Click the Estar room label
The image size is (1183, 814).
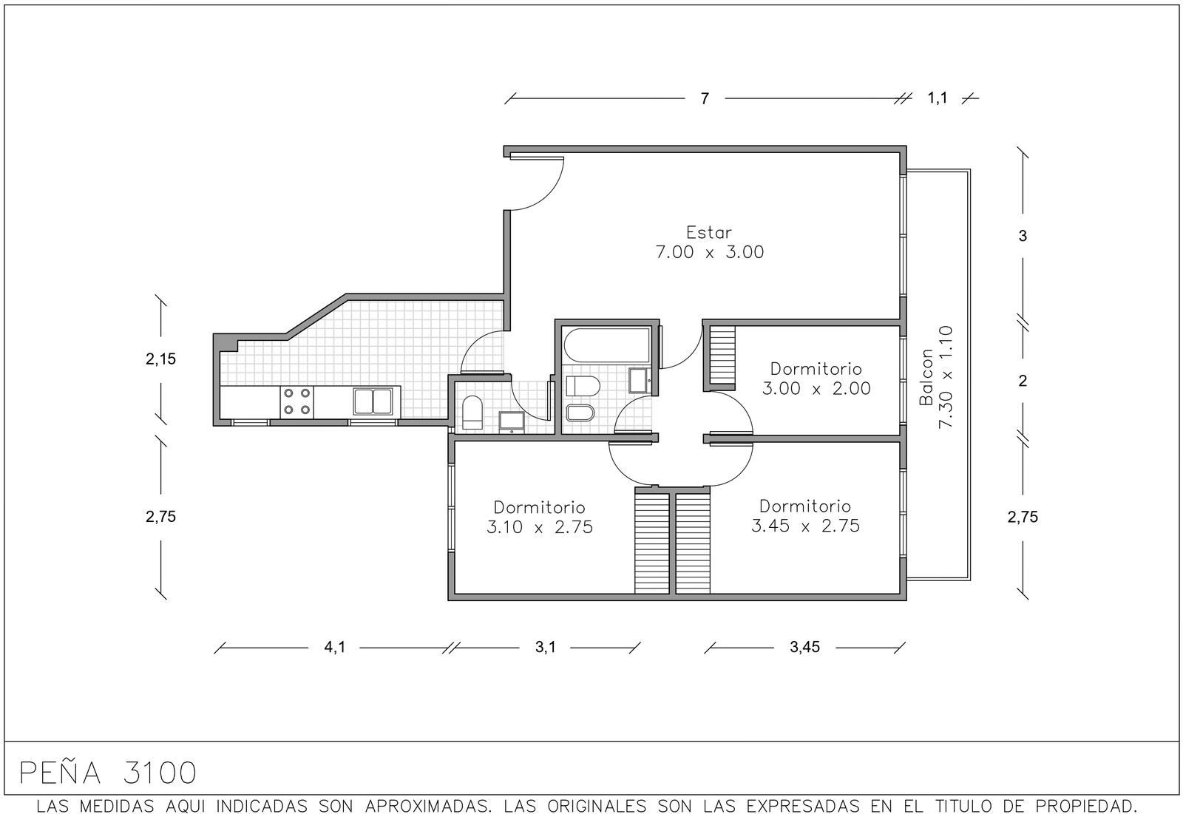pos(709,232)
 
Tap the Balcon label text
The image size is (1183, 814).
pos(926,377)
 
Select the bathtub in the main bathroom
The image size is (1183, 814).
pos(607,345)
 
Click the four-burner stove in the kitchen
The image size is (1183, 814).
pos(296,401)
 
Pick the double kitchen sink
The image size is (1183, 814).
pos(373,401)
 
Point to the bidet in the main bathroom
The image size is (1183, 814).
pos(580,413)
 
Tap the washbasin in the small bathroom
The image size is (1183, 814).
pos(512,422)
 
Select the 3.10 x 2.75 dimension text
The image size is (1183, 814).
pos(539,527)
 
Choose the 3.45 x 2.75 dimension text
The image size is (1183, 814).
pos(805,526)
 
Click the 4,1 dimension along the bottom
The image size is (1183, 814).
pos(334,647)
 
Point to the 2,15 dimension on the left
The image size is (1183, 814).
pos(160,359)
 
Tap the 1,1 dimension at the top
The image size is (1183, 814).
pos(938,98)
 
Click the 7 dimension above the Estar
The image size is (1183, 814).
pos(705,99)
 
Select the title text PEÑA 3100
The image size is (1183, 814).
pos(108,773)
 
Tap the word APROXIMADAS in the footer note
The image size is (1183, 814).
pos(426,806)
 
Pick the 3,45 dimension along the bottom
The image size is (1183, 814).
pos(805,647)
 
